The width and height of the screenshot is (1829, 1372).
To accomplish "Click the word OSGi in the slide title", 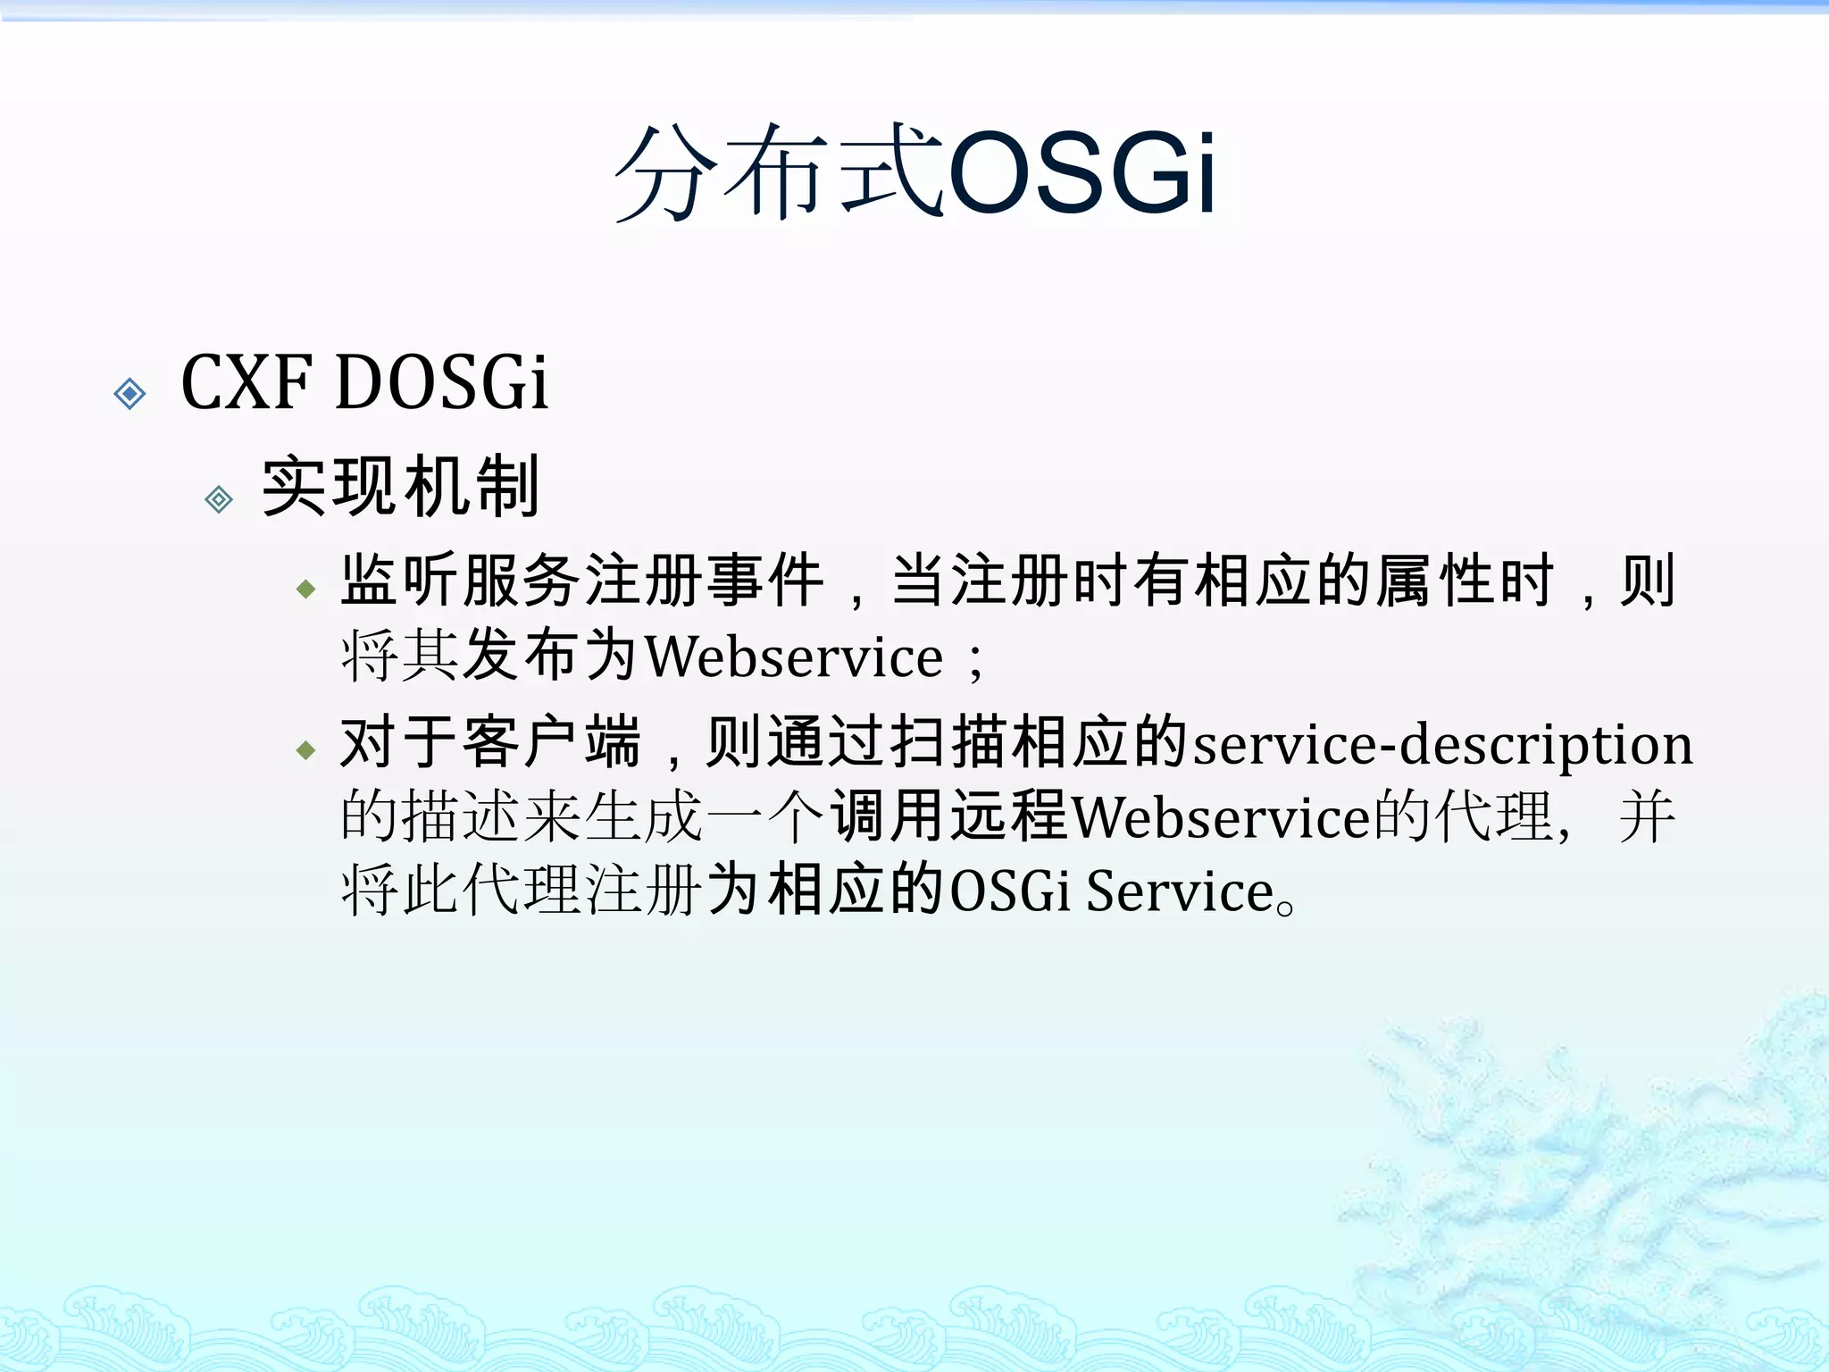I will [1082, 171].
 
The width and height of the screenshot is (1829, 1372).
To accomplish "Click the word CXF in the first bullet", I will [246, 382].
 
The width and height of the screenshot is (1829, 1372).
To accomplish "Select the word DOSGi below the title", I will [441, 382].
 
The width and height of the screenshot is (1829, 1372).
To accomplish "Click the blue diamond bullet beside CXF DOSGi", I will [130, 393].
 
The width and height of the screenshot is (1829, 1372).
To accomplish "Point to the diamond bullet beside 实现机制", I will [219, 498].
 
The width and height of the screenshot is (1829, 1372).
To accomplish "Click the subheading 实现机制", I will [401, 487].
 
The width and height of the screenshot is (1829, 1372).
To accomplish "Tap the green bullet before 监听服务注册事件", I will [306, 589].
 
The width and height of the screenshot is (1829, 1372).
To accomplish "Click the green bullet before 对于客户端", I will [306, 749].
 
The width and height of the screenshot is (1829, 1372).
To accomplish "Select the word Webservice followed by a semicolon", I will [793, 657].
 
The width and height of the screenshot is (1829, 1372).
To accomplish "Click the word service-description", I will [1442, 744].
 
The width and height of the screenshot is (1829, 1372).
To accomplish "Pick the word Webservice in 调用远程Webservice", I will [1220, 817].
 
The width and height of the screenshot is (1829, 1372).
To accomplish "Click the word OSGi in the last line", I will [1009, 891].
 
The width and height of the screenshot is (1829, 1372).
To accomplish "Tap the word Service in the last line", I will [1179, 891].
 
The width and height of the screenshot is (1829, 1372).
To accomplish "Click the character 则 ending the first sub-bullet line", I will [1649, 581].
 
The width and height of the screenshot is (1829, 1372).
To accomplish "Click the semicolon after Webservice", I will [975, 661].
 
